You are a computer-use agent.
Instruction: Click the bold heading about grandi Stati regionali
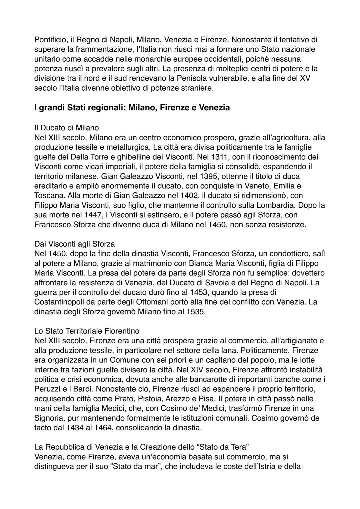pyautogui.click(x=132, y=108)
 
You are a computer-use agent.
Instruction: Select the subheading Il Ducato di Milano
pyautogui.click(x=66, y=128)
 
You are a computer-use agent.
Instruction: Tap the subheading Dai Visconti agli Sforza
pyautogui.click(x=74, y=244)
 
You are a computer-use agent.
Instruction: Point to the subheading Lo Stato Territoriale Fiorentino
pyautogui.click(x=87, y=331)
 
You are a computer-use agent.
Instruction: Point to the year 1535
pyautogui.click(x=195, y=312)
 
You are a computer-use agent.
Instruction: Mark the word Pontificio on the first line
pyautogui.click(x=50, y=40)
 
